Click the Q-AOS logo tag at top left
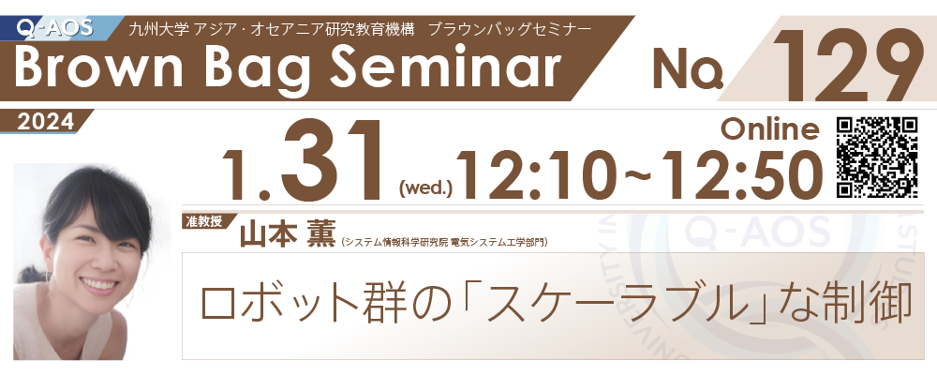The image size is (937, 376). pyautogui.click(x=57, y=27)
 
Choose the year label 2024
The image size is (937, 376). pyautogui.click(x=46, y=122)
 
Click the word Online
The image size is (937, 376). pyautogui.click(x=769, y=128)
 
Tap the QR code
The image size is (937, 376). pyautogui.click(x=877, y=157)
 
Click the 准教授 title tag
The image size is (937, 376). pyautogui.click(x=205, y=221)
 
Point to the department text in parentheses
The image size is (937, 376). pyautogui.click(x=444, y=242)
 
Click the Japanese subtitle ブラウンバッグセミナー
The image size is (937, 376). pyautogui.click(x=510, y=29)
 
